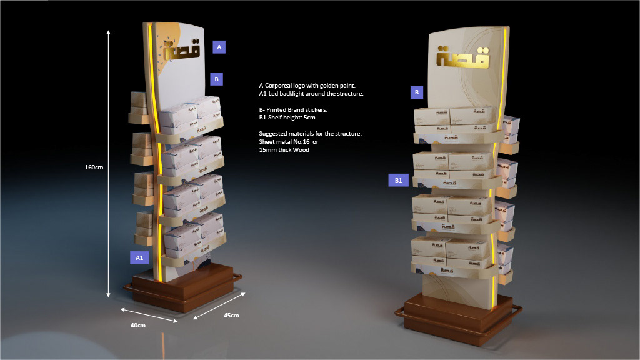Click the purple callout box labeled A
click(x=219, y=46)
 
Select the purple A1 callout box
click(x=139, y=257)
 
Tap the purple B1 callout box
click(x=399, y=180)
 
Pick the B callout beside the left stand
click(x=216, y=79)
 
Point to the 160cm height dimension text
click(x=94, y=167)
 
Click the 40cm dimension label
click(x=137, y=326)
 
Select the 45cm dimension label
click(x=231, y=316)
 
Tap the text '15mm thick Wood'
click(x=284, y=150)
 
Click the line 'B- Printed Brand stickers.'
click(x=293, y=109)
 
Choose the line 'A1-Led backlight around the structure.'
click(x=311, y=93)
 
